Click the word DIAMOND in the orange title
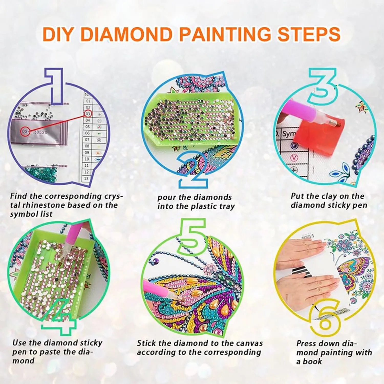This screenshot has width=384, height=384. (x=127, y=34)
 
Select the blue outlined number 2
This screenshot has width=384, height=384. (x=193, y=170)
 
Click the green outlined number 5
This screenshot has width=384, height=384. (x=193, y=237)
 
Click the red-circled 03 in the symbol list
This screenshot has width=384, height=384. (x=88, y=114)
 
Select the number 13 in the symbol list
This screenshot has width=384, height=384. (x=86, y=179)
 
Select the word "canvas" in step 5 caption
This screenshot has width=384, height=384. (x=250, y=343)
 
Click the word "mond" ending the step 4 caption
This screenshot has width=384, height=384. (x=23, y=361)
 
